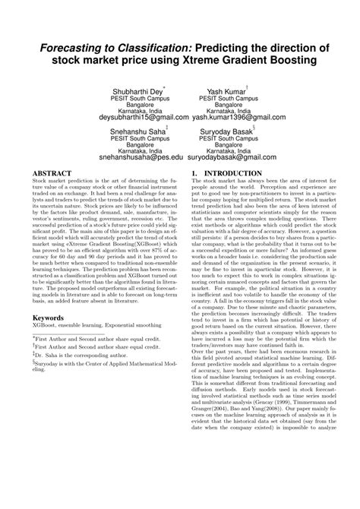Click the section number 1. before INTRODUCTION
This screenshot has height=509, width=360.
click(196, 194)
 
